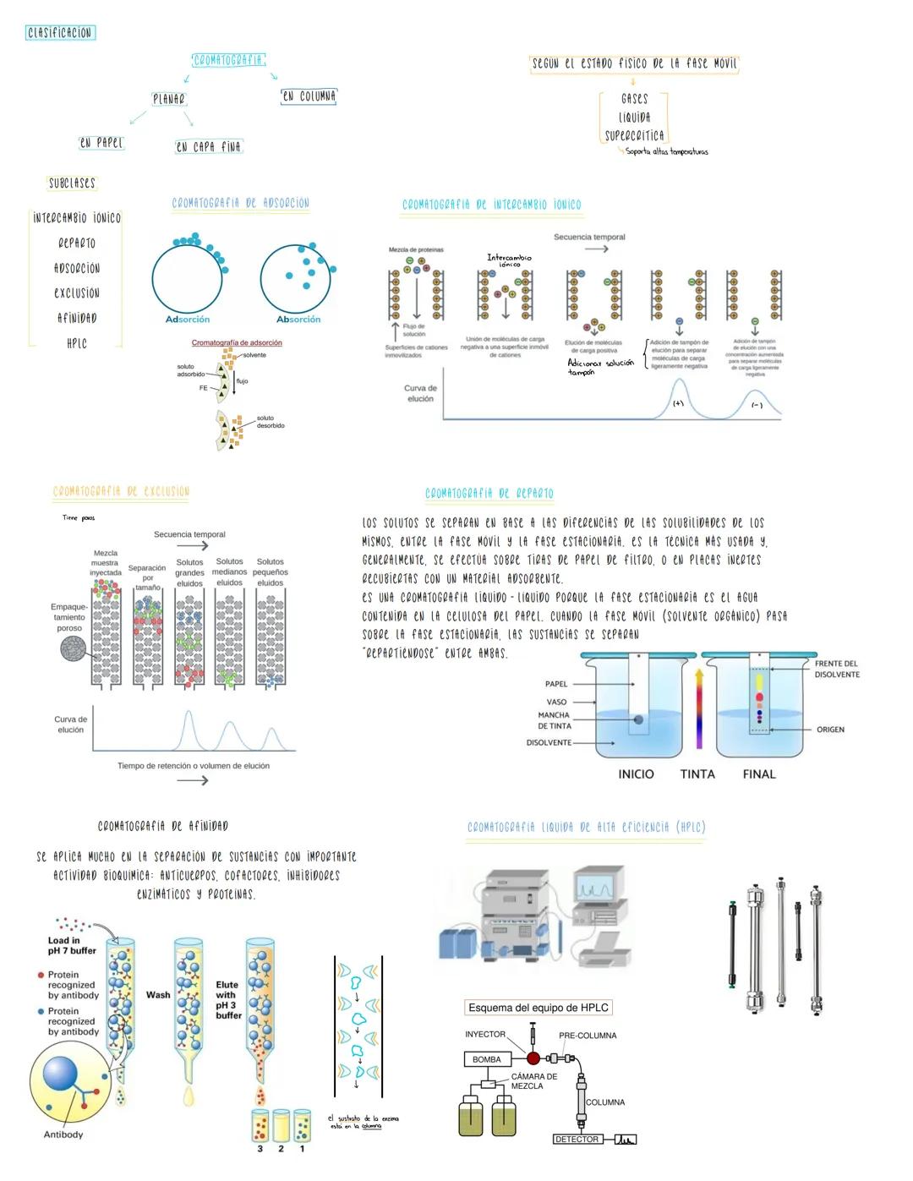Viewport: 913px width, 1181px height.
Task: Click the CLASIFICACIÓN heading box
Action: (60, 33)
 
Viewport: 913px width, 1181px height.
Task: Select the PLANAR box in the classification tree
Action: (168, 99)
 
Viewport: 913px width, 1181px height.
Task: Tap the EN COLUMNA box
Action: (309, 96)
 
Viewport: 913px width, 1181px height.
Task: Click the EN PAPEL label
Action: (101, 143)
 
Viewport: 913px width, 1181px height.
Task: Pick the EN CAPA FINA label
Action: (208, 146)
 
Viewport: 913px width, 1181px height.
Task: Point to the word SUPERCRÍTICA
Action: (634, 135)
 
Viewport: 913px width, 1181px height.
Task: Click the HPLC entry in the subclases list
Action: (76, 343)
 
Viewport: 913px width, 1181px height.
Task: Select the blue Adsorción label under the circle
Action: (188, 320)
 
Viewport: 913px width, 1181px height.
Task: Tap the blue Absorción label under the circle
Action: (298, 320)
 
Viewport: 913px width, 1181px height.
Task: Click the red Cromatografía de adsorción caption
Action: (237, 342)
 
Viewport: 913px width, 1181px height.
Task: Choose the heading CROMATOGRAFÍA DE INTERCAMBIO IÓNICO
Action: (491, 205)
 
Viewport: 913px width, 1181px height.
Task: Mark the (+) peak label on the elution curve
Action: (678, 403)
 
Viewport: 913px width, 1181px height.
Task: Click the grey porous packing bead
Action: (74, 649)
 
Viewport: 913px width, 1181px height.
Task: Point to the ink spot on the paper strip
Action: (638, 719)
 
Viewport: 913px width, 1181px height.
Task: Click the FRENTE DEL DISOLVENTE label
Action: (836, 669)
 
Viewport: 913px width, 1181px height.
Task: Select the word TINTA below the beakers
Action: (697, 774)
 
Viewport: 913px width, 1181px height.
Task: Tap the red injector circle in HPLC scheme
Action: (533, 1058)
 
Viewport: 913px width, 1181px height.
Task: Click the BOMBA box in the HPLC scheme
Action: (486, 1059)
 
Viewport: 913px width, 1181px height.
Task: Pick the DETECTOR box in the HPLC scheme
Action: (577, 1140)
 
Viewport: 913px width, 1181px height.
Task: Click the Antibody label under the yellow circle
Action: (63, 1135)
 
